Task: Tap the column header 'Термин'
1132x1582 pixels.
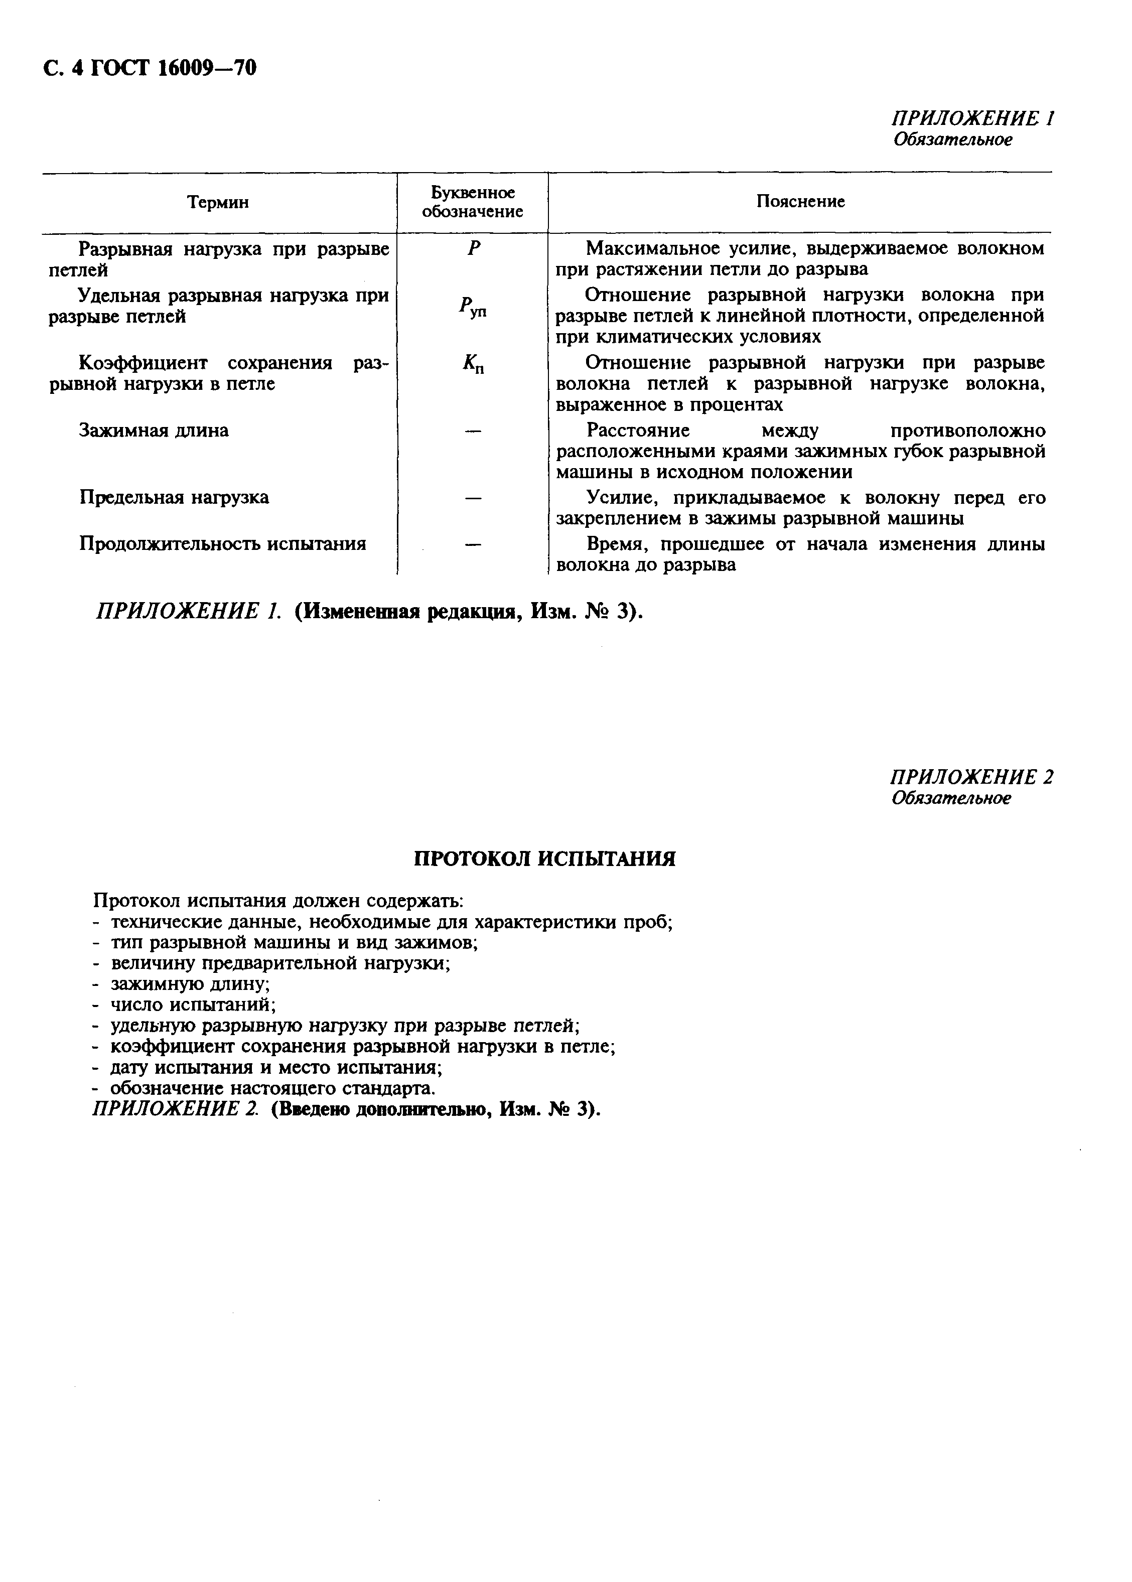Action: (218, 202)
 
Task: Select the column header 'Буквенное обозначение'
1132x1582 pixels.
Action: (473, 202)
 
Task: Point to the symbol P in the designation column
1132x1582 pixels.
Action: (474, 249)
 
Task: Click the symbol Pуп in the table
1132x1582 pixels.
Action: (473, 307)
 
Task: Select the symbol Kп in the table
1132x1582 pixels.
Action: (473, 364)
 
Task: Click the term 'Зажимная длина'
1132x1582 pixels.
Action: (154, 430)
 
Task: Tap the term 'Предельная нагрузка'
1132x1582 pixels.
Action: (174, 498)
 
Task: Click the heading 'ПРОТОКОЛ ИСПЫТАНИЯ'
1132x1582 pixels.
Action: (544, 858)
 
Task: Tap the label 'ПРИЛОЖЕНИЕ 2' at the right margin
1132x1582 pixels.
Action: (971, 777)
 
